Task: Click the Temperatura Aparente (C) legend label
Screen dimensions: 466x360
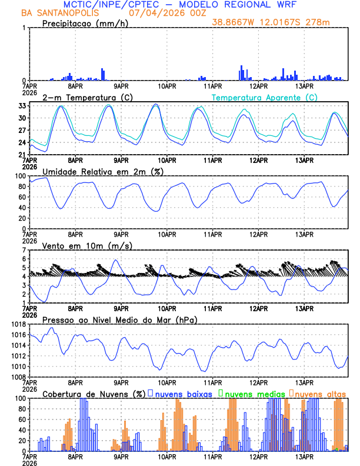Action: [264, 96]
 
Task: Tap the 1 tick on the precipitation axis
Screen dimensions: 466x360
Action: [24, 28]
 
